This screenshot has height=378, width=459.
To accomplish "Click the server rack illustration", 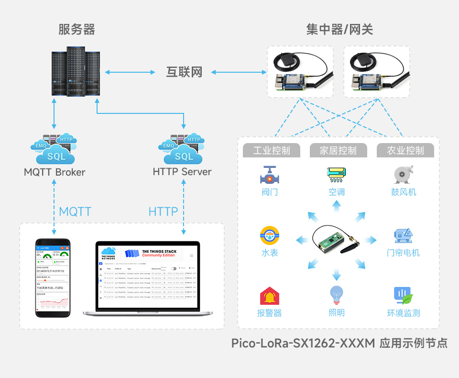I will tap(76, 72).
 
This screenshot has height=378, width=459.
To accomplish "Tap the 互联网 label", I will tap(184, 72).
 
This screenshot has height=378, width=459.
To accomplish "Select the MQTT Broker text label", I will tap(55, 172).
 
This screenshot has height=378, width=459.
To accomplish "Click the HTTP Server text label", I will tap(182, 171).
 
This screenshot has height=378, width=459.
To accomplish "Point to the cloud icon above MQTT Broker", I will tap(54, 149).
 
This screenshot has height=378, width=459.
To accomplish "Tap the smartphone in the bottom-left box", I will tap(54, 278).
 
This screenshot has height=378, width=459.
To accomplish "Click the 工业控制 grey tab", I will tap(272, 150).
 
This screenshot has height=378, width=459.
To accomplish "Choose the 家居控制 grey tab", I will tap(339, 150).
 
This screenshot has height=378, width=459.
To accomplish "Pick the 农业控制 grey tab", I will tap(405, 150).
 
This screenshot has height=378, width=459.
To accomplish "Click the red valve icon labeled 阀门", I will tap(270, 176).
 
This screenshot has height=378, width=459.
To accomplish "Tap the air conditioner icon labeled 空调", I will tap(337, 175).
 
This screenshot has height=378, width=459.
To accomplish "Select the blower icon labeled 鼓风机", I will tap(403, 175).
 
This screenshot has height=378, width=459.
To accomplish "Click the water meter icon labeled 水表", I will tap(270, 236).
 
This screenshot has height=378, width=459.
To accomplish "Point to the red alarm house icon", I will tap(270, 296).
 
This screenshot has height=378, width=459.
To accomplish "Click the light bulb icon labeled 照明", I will tap(337, 296).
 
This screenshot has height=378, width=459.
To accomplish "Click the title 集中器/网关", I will tap(339, 30).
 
